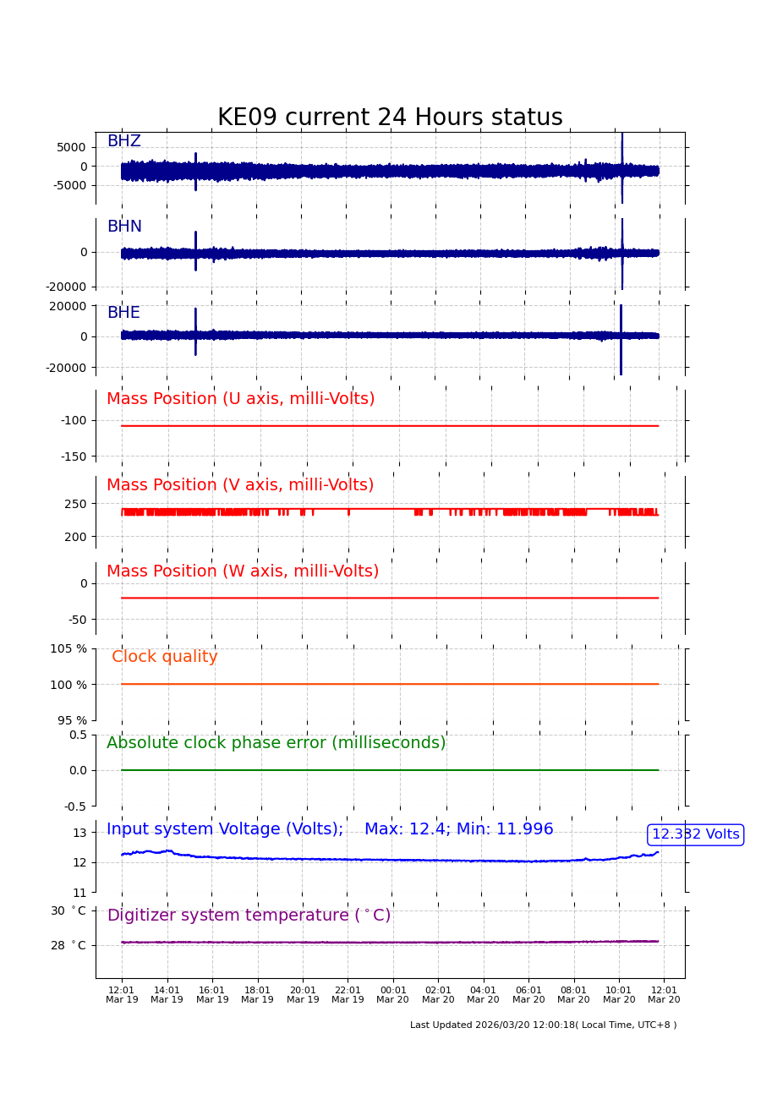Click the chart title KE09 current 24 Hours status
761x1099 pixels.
[390, 118]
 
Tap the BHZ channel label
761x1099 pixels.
[123, 141]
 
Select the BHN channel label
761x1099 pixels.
[124, 227]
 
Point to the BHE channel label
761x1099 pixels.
[123, 313]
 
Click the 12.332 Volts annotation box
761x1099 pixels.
[695, 834]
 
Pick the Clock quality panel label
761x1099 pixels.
[165, 657]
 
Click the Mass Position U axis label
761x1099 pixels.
[240, 399]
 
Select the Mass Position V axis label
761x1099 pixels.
[240, 485]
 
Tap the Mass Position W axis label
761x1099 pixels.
[243, 571]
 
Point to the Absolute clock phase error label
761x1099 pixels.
[276, 743]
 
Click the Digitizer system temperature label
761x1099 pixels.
[249, 916]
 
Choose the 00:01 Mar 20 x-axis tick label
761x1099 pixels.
[393, 995]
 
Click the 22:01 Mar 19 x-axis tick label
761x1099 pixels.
[348, 995]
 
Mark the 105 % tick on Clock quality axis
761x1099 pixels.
[68, 648]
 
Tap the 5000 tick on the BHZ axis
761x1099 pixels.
[71, 147]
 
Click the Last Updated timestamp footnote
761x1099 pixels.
[543, 1025]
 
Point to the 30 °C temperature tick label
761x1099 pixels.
[68, 910]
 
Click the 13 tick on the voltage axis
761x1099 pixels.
[79, 833]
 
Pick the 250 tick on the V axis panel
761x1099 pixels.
[76, 504]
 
